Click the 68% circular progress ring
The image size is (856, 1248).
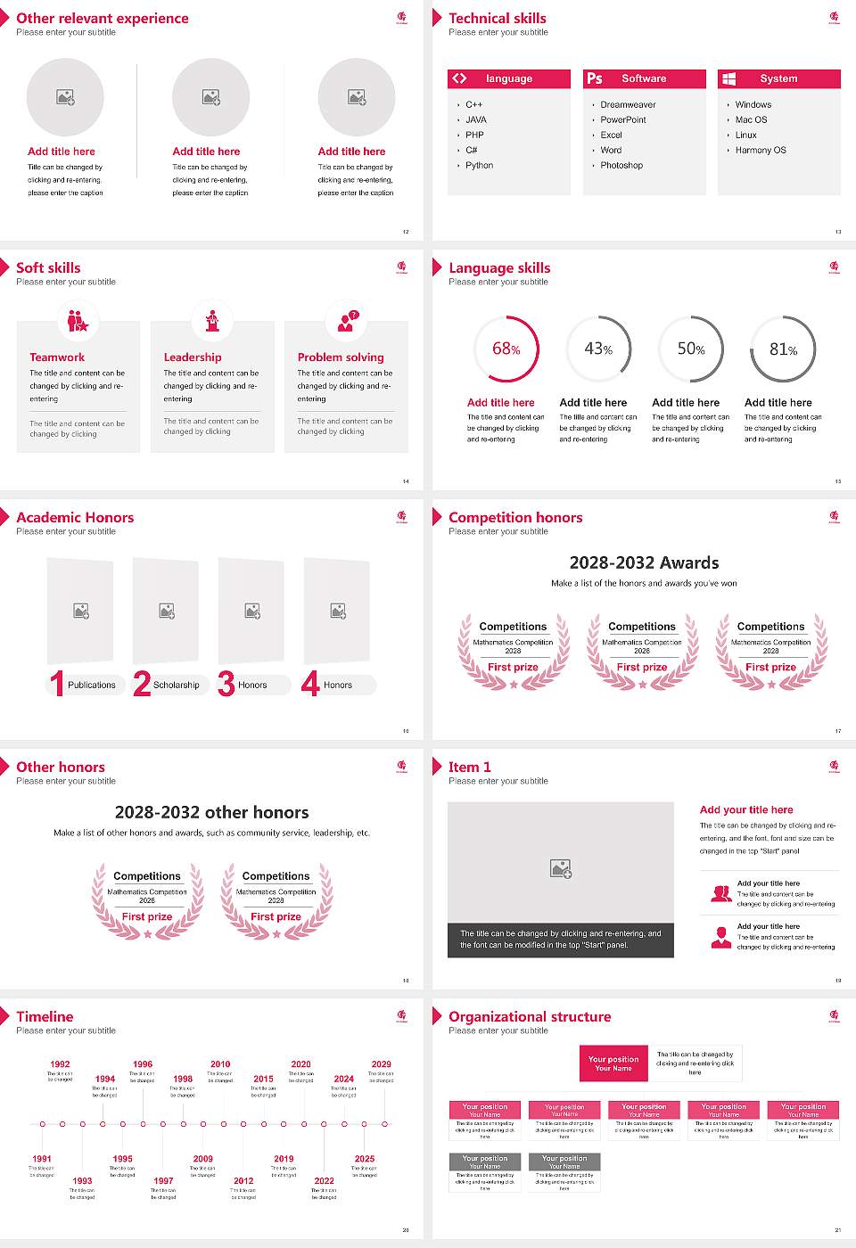(506, 349)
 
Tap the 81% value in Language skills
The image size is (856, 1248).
(783, 349)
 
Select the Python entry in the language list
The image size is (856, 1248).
(479, 166)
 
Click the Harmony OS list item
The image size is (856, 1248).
(761, 151)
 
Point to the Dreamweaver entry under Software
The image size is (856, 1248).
(628, 105)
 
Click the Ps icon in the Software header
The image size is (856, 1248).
(595, 78)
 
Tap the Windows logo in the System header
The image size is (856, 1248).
(728, 78)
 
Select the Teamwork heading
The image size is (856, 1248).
(57, 357)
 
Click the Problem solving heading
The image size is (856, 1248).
(341, 357)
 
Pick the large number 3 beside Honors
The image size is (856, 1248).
(226, 684)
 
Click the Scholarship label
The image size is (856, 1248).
(176, 686)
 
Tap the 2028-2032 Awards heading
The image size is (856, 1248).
(644, 562)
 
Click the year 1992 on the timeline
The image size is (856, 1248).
(60, 1064)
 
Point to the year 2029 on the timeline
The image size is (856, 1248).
(381, 1064)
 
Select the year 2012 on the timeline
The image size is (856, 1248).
(243, 1180)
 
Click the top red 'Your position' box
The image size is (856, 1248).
(613, 1063)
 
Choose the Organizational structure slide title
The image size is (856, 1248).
(530, 1016)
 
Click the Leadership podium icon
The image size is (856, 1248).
(212, 320)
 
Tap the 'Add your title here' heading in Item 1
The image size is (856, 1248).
(746, 809)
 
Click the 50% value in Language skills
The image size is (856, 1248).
(690, 349)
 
